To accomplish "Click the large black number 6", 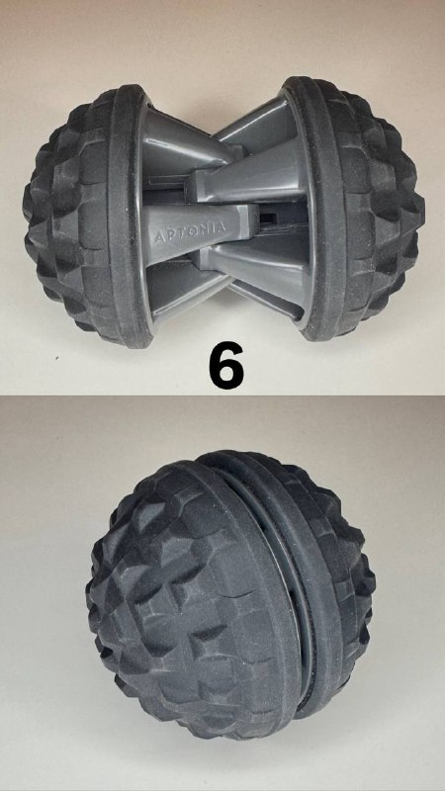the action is [226, 365].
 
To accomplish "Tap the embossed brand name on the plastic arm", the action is [190, 231].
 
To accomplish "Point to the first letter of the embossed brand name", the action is [157, 238].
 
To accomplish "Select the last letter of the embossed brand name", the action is [221, 226].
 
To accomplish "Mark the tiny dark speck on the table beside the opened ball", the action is [57, 359].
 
